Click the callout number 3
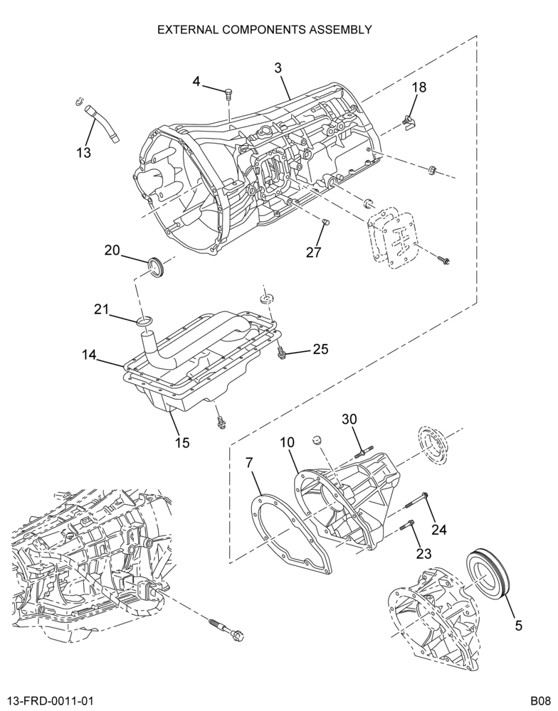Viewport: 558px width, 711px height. pyautogui.click(x=278, y=68)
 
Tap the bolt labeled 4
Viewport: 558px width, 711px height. pyautogui.click(x=228, y=95)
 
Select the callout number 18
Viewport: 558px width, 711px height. pyautogui.click(x=419, y=87)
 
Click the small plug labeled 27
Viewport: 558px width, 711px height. pyautogui.click(x=325, y=222)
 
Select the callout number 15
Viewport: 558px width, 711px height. pyautogui.click(x=182, y=442)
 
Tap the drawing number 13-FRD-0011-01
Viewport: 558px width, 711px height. pyautogui.click(x=50, y=701)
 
